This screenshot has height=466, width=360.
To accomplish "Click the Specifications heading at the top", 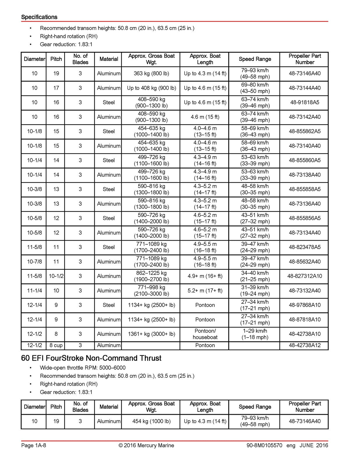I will (39, 17).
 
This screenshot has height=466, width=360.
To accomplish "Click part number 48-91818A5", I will (304, 103).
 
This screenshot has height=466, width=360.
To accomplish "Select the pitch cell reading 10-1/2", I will (56, 276).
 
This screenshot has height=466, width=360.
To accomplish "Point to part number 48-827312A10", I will (304, 276).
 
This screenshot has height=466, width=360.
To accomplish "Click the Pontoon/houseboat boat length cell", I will (205, 334).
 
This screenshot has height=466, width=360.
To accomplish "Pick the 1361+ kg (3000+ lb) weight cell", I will (151, 334).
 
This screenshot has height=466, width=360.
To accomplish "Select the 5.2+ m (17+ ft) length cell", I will (205, 291).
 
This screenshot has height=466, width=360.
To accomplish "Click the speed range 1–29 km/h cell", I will (255, 334).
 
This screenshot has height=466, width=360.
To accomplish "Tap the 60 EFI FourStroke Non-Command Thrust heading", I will (91, 358).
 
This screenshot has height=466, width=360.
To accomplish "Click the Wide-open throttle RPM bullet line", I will (83, 368).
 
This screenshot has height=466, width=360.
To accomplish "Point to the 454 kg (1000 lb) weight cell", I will (151, 421).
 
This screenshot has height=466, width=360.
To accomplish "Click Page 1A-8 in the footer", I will (33, 445).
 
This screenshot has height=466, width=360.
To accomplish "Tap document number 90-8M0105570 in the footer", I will (264, 445).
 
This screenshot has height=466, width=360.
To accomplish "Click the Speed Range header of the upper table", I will (255, 59).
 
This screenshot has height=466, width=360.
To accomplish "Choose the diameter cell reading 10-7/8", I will (34, 262).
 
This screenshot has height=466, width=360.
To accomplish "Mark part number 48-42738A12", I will (304, 345).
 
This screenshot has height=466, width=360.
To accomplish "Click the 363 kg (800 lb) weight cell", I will (151, 73).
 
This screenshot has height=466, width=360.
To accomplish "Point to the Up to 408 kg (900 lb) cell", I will (151, 88).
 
